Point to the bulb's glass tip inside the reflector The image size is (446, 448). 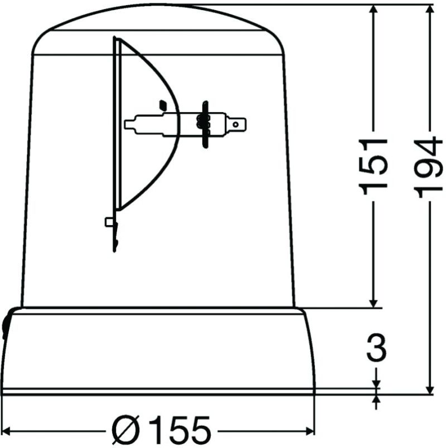(131, 124)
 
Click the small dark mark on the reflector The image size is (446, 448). (163, 104)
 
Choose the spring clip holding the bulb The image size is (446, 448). (205, 124)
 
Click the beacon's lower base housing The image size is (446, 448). (159, 351)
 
